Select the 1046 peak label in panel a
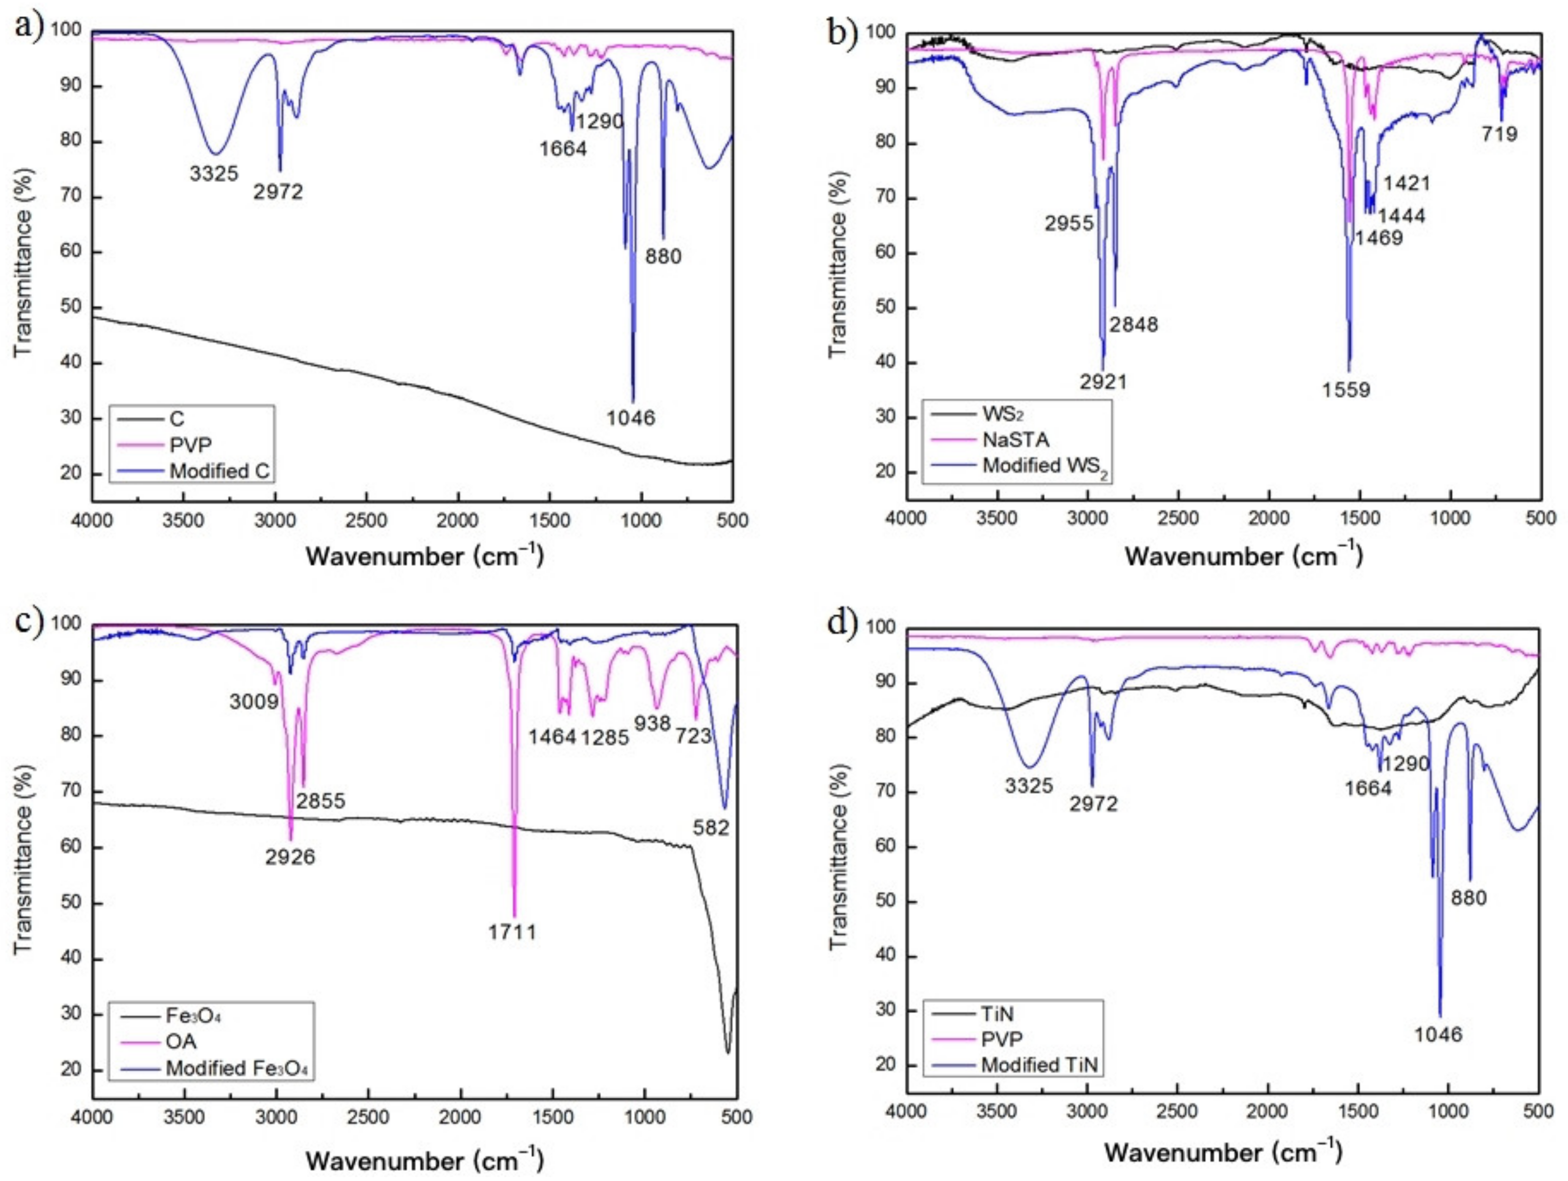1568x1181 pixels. [631, 417]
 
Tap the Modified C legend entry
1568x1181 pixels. [219, 471]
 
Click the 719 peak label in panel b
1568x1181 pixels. [1499, 133]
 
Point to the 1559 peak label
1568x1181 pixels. [1345, 389]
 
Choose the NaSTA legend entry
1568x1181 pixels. [1015, 440]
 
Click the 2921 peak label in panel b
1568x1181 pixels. [1103, 382]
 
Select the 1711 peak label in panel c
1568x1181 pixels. [512, 931]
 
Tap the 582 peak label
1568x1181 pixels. [711, 826]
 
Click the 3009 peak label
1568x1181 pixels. [254, 702]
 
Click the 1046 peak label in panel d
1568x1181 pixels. [1438, 1035]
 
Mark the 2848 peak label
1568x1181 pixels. [1134, 324]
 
